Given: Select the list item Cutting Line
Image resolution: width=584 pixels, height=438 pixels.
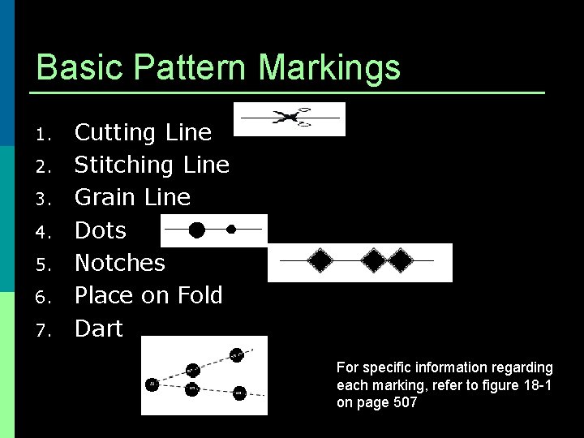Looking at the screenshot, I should coord(143,132).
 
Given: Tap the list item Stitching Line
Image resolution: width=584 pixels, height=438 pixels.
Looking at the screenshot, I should coord(152,165).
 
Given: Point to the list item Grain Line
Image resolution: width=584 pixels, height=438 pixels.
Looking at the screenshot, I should coord(132,197).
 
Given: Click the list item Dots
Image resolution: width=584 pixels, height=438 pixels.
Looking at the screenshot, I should coord(101,230).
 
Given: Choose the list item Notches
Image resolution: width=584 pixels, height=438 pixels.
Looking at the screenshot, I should coord(119,263).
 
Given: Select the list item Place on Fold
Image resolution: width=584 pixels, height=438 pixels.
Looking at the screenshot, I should coord(148,295).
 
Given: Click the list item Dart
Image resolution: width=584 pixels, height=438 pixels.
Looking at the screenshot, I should coord(98,328).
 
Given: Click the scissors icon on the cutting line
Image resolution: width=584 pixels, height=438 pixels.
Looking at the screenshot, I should coord(290,118).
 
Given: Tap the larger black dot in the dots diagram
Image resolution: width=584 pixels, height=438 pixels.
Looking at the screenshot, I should coord(196,230).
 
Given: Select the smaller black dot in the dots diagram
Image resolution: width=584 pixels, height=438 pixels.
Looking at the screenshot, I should coord(231,230).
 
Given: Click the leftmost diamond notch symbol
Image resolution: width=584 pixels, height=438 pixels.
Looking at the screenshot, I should coord(321,260).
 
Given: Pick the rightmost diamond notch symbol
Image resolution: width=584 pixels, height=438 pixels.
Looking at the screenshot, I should coord(401,260).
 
